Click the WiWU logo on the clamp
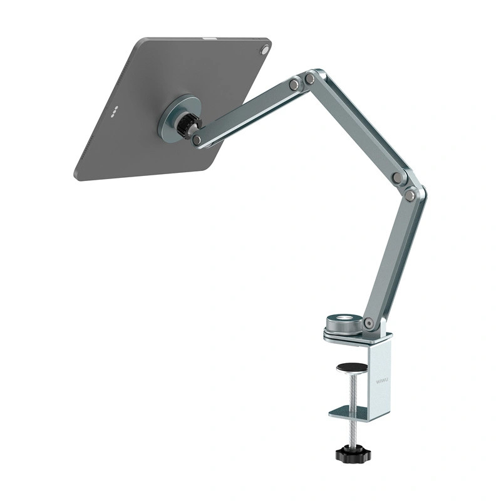tap(382, 378)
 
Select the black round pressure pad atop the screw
tap(352, 368)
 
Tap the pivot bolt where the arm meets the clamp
tap(369, 324)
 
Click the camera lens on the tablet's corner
tap(265, 49)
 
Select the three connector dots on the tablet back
tap(115, 113)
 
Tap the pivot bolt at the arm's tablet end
tap(197, 140)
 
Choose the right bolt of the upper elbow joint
tap(310, 78)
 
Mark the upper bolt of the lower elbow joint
tap(397, 178)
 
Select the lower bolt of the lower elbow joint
tap(410, 195)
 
